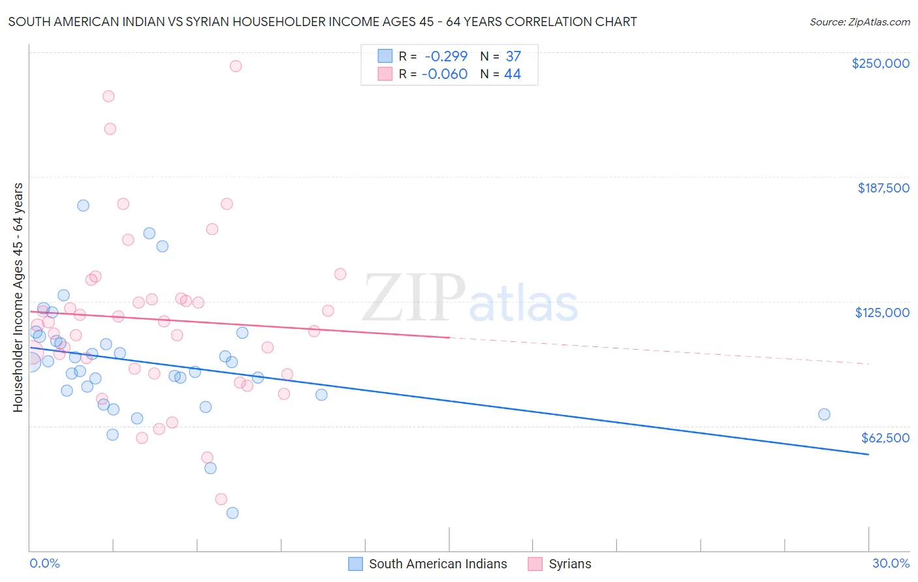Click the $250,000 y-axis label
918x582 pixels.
tap(880, 63)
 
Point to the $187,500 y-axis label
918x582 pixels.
tap(883, 188)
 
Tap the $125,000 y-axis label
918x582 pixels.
tap(882, 313)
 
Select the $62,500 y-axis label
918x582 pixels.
tap(885, 438)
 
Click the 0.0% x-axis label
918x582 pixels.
tap(44, 563)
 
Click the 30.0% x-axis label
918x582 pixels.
tap(891, 563)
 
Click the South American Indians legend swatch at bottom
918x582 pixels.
tap(355, 564)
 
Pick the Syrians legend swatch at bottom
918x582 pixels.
tap(535, 564)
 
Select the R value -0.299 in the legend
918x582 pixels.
tap(445, 56)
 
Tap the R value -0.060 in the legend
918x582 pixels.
tap(445, 74)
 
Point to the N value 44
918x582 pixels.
tap(513, 74)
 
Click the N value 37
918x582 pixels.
tap(513, 56)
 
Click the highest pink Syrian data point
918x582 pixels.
tap(236, 66)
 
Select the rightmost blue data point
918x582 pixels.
tap(824, 414)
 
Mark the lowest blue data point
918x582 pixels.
tap(232, 513)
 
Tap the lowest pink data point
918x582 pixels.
tap(221, 499)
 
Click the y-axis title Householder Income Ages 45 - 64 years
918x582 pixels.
tap(18, 298)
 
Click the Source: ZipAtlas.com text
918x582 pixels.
tap(859, 22)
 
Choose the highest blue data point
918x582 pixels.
tap(83, 206)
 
